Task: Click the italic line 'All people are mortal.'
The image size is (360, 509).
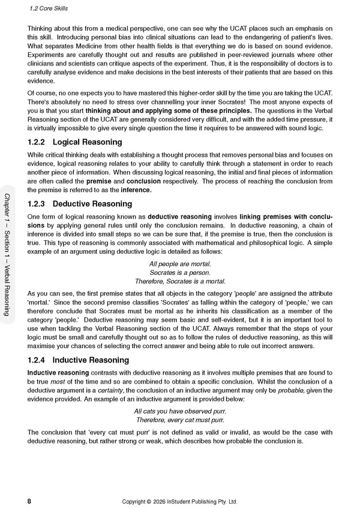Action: (x=179, y=264)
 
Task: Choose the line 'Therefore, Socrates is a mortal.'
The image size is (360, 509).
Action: (x=179, y=281)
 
